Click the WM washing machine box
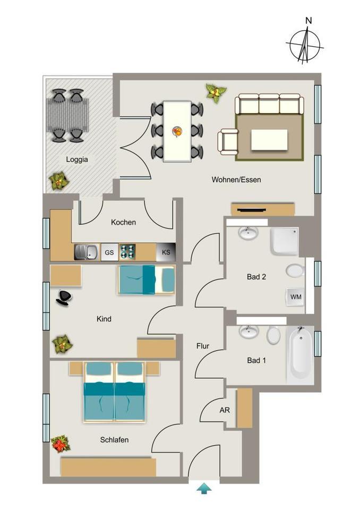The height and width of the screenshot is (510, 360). coord(296,297)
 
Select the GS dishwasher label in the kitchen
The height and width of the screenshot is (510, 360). coord(109,252)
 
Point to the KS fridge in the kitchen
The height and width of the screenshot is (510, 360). coord(166,252)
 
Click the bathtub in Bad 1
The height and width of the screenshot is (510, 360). coord(300,353)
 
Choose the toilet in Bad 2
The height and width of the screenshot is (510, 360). coord(295,271)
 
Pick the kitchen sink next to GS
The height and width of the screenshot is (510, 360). coord(86,252)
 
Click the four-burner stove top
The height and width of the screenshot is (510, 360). coord(127,252)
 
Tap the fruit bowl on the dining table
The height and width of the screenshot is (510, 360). coord(177,131)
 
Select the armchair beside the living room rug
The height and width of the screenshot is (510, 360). coord(228,142)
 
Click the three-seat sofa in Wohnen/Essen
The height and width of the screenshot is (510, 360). coord(269,104)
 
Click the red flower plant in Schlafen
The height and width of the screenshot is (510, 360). coord(61,443)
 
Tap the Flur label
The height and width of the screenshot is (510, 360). coord(203,346)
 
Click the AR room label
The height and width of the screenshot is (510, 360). coord(224,410)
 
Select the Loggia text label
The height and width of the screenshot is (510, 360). coord(77,159)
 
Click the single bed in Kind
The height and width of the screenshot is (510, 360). coord(146,279)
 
